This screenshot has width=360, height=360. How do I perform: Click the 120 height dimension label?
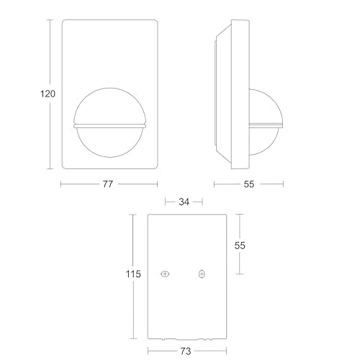(48, 94)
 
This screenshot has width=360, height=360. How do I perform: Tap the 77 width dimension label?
(108, 184)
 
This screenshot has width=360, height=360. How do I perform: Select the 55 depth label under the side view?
(249, 184)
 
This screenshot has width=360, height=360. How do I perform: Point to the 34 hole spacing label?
(184, 202)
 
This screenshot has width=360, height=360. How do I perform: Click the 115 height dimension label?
(133, 274)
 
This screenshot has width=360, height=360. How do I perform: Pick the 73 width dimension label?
(185, 351)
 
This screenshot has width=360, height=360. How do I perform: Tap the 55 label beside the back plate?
(240, 246)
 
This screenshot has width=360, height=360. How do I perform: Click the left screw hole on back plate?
(165, 274)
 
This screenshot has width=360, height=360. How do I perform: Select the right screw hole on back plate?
(202, 274)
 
